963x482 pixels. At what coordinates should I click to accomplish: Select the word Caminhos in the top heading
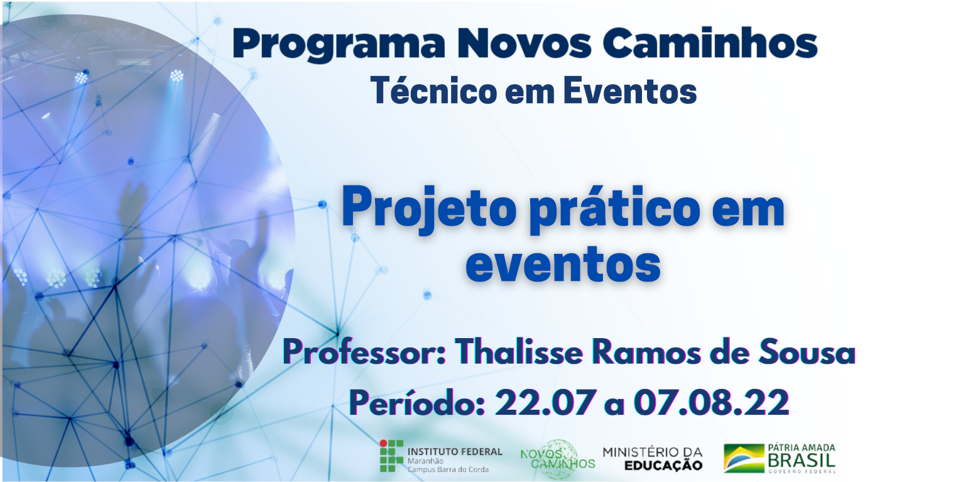coord(710,43)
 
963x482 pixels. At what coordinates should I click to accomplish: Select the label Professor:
coord(364,352)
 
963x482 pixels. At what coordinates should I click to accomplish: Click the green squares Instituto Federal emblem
coord(391,456)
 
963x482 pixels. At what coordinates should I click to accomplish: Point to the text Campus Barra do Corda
coord(448,469)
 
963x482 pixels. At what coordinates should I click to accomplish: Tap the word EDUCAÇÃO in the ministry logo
coord(663,466)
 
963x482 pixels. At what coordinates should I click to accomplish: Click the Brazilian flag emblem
coord(744,458)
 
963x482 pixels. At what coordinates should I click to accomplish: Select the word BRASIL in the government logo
coord(802,461)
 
